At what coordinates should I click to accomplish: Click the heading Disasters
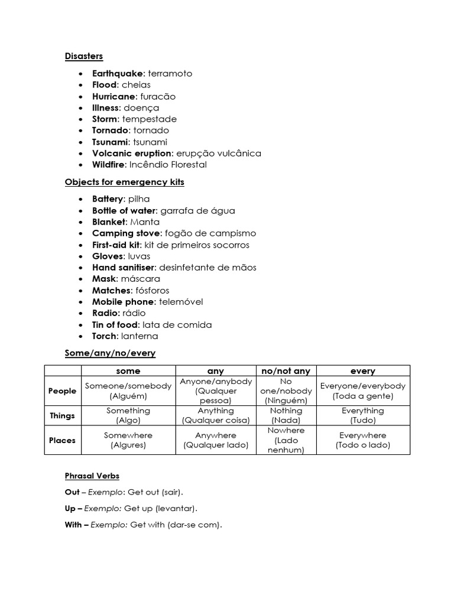[x=83, y=56]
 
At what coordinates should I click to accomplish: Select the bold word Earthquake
[x=118, y=73]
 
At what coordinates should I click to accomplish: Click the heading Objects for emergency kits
[x=124, y=182]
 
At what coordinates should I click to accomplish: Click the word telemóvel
[x=181, y=302]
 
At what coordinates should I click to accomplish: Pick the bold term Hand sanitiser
[x=123, y=268]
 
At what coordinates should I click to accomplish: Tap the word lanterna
[x=140, y=336]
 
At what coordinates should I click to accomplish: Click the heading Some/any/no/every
[x=110, y=353]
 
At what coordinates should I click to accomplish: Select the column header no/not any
[x=286, y=371]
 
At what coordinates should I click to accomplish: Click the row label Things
[x=62, y=415]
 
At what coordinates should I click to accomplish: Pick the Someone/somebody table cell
[x=128, y=391]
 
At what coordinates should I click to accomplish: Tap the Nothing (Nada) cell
[x=286, y=415]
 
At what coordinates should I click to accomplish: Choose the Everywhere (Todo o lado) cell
[x=362, y=440]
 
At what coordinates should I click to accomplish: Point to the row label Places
[x=62, y=440]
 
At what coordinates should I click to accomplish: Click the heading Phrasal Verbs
[x=92, y=476]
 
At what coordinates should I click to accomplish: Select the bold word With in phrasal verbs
[x=72, y=525]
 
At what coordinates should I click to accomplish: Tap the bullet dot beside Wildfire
[x=80, y=165]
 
